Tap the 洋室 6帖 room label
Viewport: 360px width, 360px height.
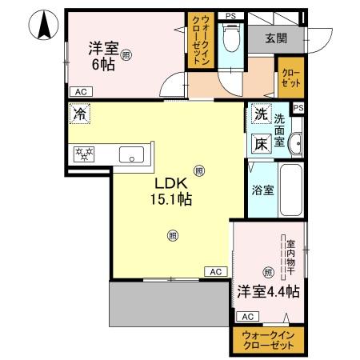coord(102,56)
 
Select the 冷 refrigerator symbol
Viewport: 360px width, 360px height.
coord(79,114)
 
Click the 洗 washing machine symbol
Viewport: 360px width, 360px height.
coord(261,115)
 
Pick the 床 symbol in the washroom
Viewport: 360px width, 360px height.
coord(261,144)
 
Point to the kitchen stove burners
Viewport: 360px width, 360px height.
coord(84,154)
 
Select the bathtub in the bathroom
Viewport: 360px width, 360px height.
coord(290,192)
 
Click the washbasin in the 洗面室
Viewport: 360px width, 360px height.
coord(295,142)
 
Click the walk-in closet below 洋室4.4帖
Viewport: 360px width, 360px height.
coord(268,340)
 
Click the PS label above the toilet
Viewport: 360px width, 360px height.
coord(230,15)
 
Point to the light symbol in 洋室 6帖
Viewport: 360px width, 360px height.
coord(126,54)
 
